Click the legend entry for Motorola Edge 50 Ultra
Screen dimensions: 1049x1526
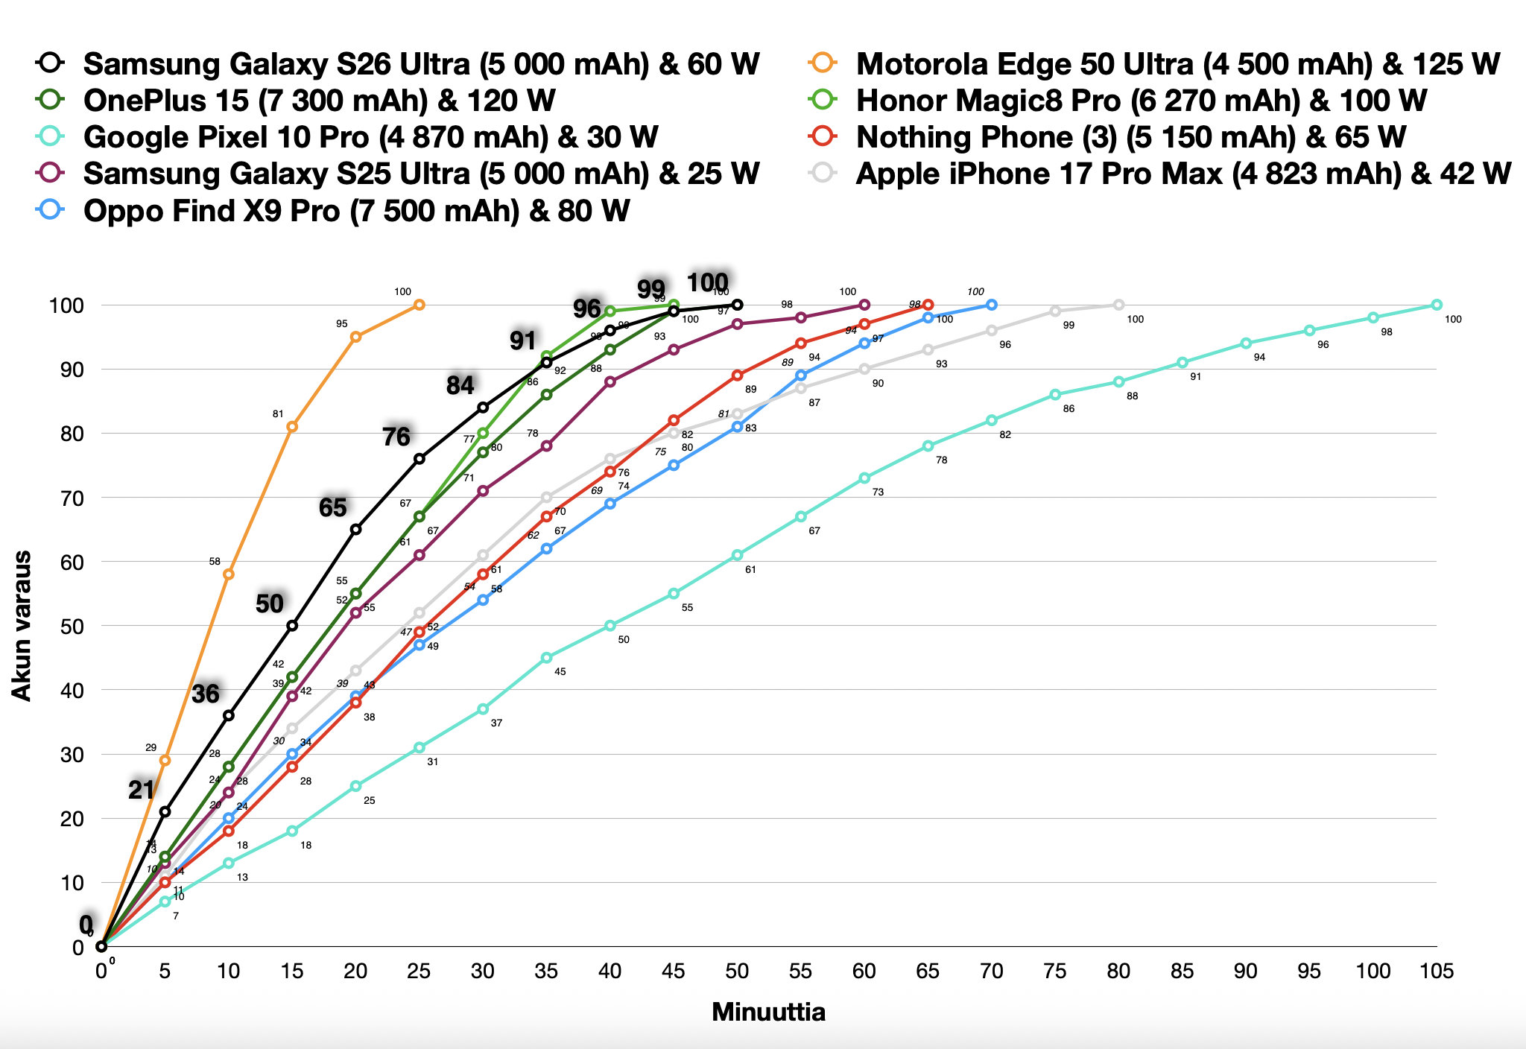tap(1177, 64)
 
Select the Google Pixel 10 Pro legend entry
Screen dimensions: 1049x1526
tap(370, 137)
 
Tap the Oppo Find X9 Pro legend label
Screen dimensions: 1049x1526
tap(356, 211)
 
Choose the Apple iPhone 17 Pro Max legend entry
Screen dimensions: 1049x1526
tap(1183, 174)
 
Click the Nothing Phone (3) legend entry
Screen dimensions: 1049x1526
tap(1130, 137)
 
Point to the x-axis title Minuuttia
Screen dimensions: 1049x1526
tap(768, 1012)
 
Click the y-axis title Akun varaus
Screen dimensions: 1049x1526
tap(22, 626)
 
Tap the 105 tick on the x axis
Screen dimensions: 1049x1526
tap(1437, 971)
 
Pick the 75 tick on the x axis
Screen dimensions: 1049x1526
tap(1055, 971)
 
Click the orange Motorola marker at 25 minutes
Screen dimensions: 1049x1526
tap(420, 305)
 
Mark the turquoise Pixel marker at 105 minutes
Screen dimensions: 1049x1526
tap(1437, 305)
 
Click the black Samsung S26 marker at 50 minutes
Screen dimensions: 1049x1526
tap(738, 305)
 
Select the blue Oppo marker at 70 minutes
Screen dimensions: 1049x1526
tap(992, 305)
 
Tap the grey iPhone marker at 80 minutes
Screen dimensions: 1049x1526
tap(1118, 305)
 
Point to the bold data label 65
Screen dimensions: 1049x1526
tap(332, 507)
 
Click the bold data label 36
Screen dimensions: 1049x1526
tap(206, 694)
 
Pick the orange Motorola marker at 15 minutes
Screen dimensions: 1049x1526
tap(292, 426)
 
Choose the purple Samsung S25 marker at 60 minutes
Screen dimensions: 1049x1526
tap(864, 305)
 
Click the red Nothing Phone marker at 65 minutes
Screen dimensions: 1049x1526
tap(928, 305)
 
